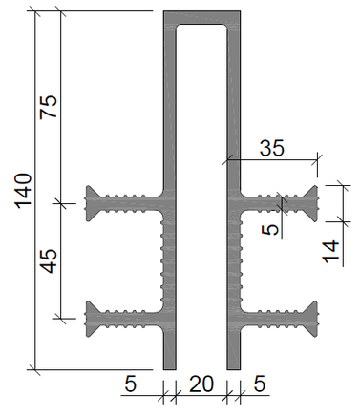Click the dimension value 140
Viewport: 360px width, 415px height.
[24, 191]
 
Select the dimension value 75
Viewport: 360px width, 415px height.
[49, 107]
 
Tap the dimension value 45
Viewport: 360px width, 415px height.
[50, 261]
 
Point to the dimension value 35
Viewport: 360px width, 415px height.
[271, 148]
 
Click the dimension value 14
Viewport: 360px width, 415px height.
[331, 252]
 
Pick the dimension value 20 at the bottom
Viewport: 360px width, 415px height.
[201, 384]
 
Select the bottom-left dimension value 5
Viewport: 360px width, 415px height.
[130, 384]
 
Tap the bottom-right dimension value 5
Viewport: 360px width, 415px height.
[260, 384]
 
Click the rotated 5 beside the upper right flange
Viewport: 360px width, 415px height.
[270, 229]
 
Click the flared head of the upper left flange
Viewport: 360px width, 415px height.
[91, 203]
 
